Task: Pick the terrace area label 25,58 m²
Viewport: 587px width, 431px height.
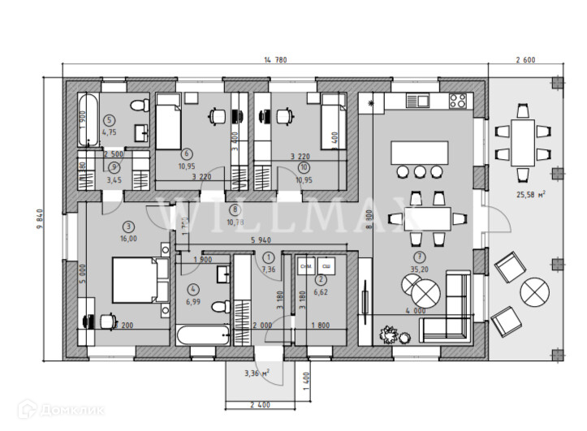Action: (531, 194)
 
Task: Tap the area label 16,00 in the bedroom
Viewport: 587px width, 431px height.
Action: (129, 239)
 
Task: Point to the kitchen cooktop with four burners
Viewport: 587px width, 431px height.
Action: (458, 101)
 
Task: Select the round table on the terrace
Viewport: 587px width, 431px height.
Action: (536, 291)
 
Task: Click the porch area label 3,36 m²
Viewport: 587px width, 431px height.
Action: (257, 373)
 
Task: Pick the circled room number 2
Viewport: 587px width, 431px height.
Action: (321, 279)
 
